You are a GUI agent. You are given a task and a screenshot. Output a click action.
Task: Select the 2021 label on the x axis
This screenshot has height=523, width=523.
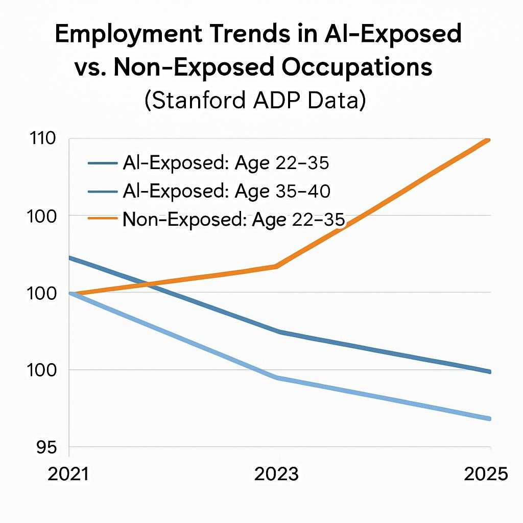tap(68, 474)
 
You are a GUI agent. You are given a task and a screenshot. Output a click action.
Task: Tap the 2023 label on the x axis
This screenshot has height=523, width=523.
tap(276, 474)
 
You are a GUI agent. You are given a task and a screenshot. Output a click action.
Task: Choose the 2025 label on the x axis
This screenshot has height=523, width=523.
tap(486, 474)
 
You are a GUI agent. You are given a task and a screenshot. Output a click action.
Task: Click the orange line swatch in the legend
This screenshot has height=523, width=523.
tap(104, 220)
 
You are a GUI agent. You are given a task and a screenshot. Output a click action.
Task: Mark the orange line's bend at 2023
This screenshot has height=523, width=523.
tap(276, 266)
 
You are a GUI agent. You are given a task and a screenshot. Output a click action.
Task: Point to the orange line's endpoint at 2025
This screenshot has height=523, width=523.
tap(489, 140)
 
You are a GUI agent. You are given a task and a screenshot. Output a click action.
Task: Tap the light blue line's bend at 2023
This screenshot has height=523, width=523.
tap(276, 377)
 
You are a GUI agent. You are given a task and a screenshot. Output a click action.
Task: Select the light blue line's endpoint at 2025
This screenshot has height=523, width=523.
tap(489, 419)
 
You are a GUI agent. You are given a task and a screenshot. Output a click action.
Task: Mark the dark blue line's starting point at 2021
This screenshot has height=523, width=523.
tap(70, 258)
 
